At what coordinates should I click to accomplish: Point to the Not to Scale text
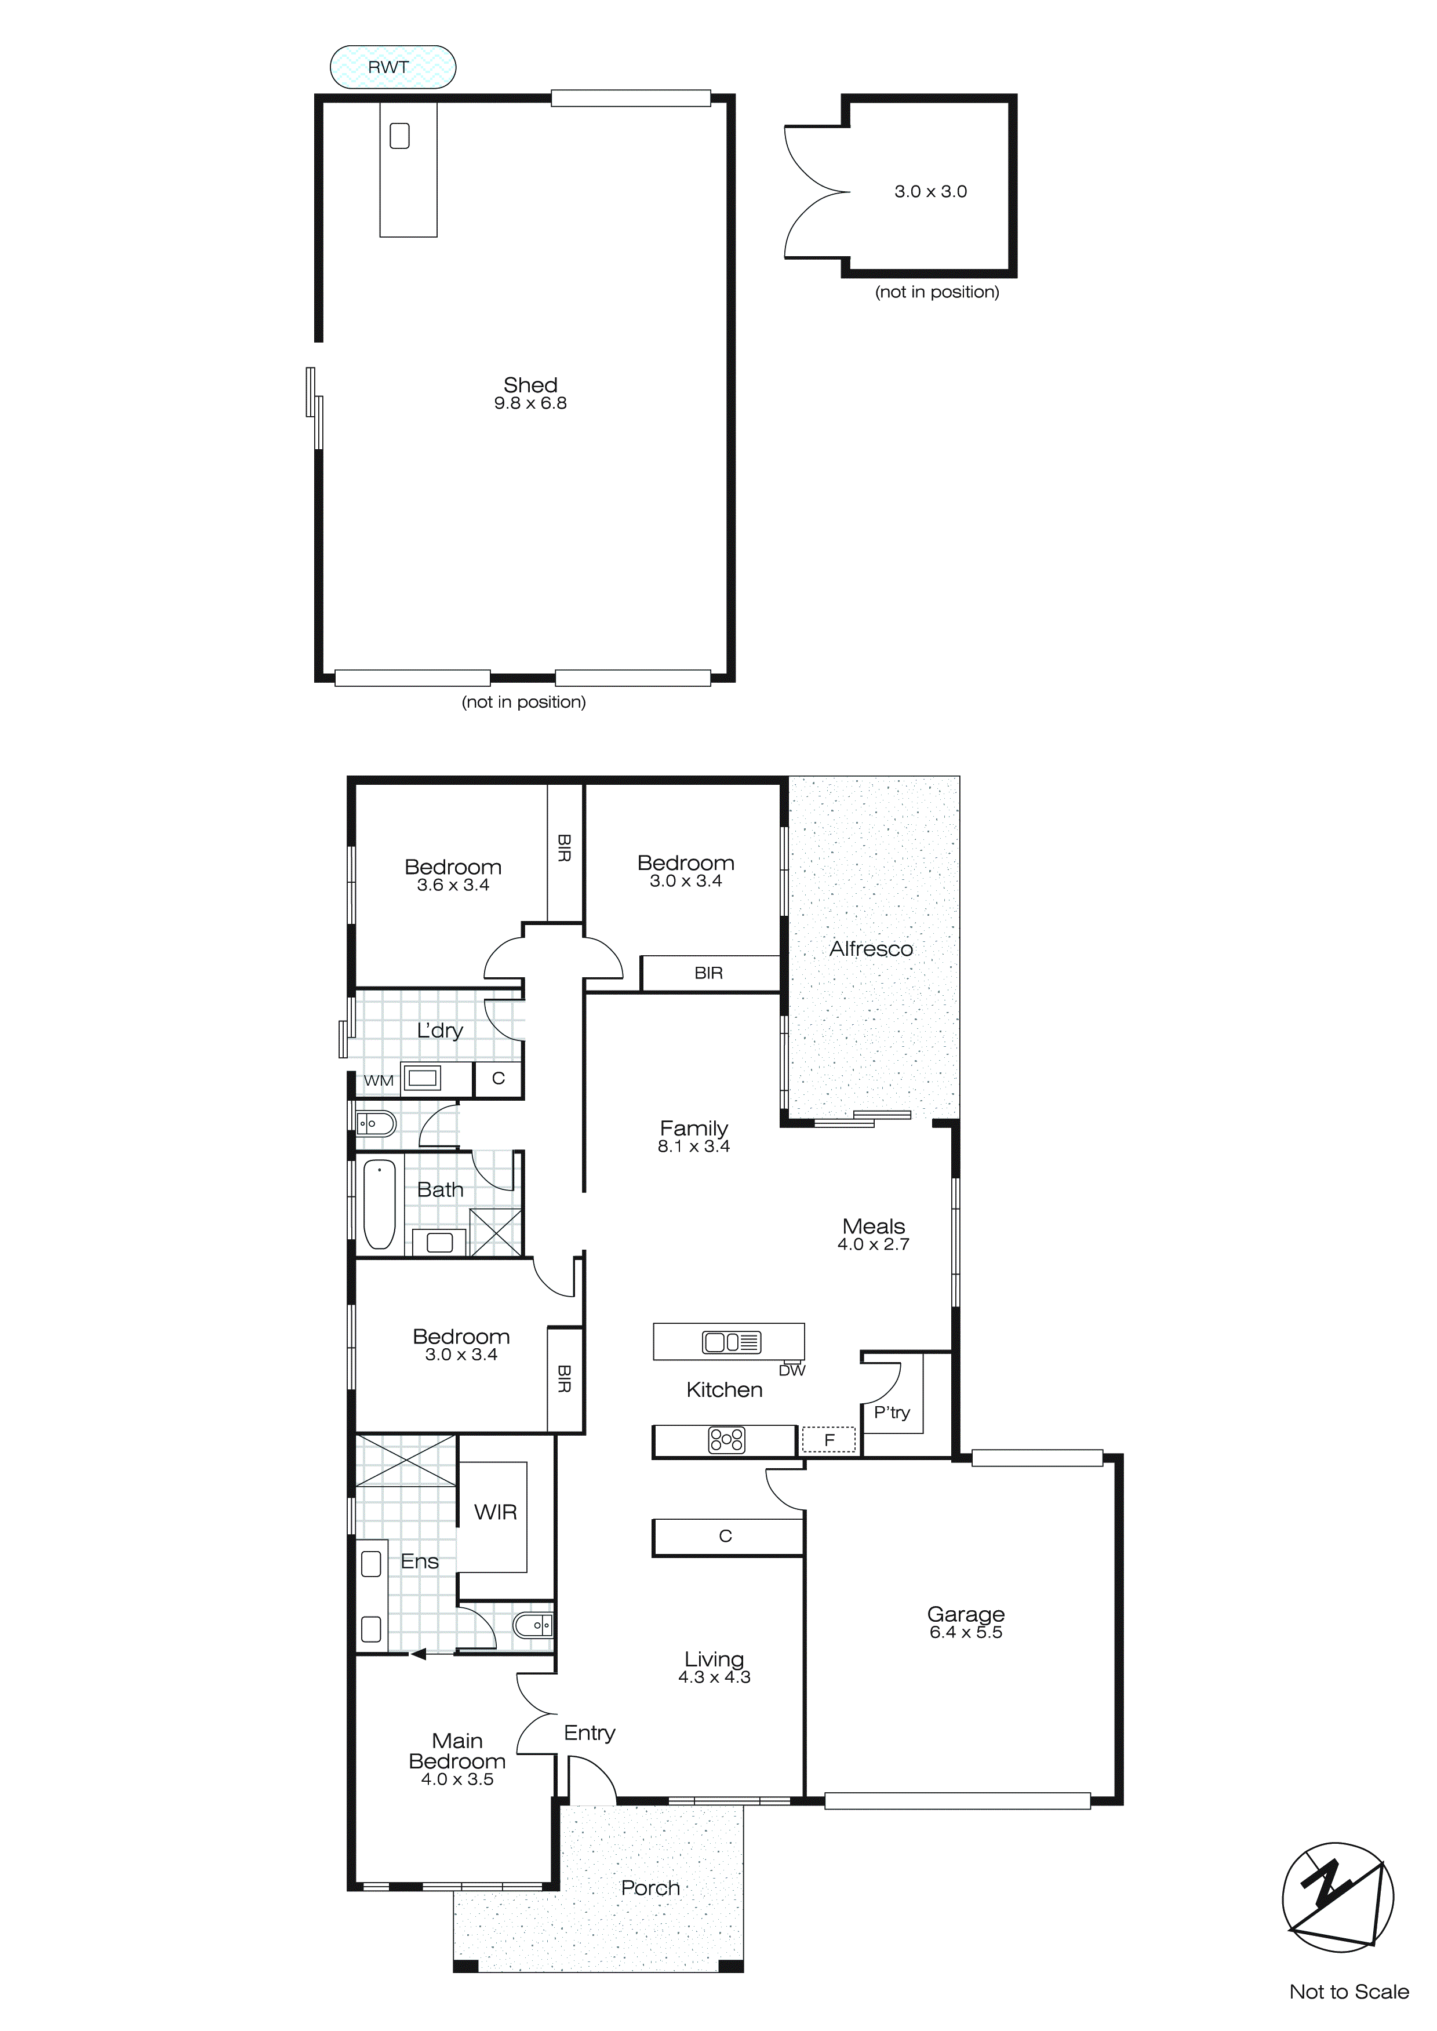coord(1348,1991)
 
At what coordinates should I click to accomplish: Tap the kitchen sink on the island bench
coord(731,1342)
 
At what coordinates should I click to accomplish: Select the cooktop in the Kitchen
coord(726,1440)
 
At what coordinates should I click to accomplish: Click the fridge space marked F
coord(829,1440)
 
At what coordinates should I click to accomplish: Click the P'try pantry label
coord(892,1413)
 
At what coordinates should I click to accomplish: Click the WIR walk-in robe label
coord(496,1513)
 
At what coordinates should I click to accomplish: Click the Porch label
coord(650,1888)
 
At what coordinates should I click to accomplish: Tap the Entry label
coord(590,1733)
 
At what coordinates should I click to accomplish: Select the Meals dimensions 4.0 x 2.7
coord(874,1244)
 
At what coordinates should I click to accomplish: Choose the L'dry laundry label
coord(440,1031)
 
